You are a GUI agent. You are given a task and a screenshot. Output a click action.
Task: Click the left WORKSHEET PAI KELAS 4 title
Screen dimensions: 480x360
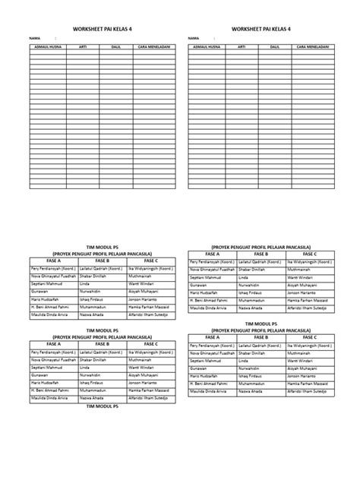point(102,29)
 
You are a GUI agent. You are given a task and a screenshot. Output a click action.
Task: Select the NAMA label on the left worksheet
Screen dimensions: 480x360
point(34,37)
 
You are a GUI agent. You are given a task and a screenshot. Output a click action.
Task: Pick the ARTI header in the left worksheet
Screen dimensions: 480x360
point(84,46)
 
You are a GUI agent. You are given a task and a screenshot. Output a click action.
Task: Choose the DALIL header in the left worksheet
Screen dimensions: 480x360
point(115,46)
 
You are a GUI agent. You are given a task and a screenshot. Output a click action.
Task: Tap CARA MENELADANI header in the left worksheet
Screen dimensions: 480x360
point(153,46)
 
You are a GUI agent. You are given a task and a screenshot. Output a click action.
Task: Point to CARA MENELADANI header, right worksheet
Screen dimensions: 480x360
point(311,46)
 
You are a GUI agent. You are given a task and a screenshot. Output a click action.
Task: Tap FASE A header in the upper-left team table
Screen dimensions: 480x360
point(52,261)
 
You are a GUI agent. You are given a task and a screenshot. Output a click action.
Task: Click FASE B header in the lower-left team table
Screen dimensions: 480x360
point(102,345)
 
